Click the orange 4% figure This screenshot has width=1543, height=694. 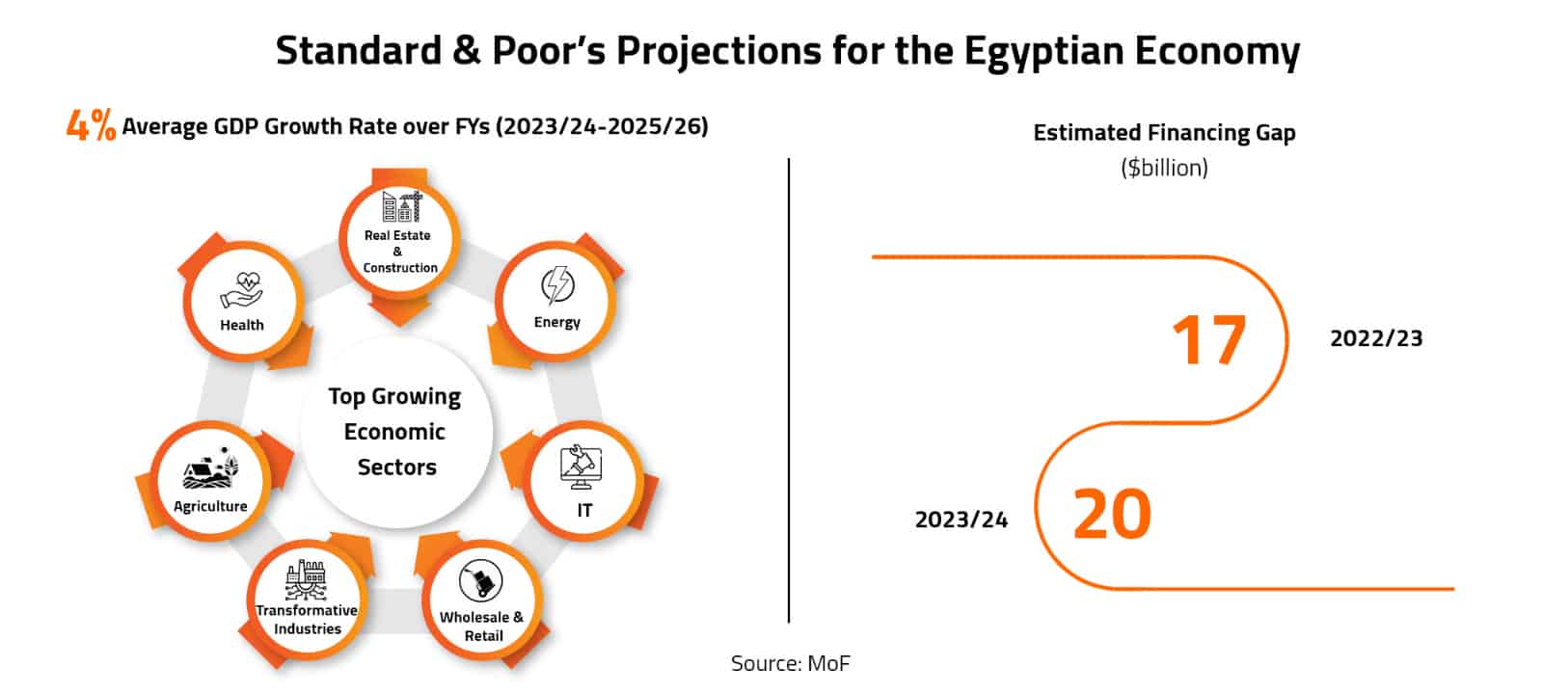click(91, 125)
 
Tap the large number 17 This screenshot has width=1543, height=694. click(1209, 340)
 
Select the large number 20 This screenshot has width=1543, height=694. click(1112, 515)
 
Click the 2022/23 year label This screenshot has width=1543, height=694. click(1376, 338)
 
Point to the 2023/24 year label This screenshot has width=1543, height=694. click(961, 520)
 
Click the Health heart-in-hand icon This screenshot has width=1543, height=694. click(242, 290)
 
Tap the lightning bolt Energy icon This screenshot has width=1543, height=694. click(557, 286)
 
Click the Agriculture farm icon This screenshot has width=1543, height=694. click(210, 471)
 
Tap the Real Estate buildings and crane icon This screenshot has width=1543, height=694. click(402, 207)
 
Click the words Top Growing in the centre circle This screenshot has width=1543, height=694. click(394, 397)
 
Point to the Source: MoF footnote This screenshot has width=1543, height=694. click(790, 663)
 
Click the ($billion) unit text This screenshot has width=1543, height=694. click(1164, 168)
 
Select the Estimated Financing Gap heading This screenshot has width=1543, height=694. click(1164, 133)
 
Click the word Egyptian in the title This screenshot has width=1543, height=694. click(1043, 51)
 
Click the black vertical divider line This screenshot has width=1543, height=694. click(789, 386)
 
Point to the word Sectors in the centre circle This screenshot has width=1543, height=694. click(396, 467)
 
